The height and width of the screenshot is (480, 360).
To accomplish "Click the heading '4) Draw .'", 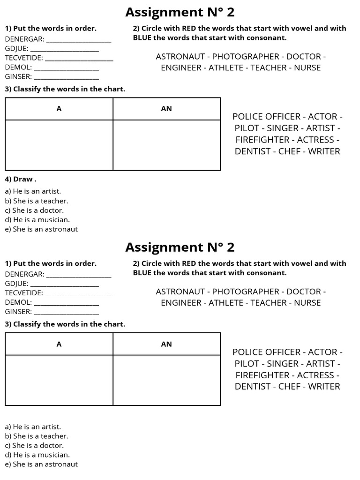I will tap(20, 179).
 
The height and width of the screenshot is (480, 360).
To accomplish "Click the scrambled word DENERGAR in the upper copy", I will tap(24, 39).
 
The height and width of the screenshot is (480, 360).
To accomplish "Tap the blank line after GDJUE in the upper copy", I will tap(64, 49).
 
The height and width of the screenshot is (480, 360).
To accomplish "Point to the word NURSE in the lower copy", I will tap(307, 303).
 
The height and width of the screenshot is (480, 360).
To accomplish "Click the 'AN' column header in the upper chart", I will tap(166, 109).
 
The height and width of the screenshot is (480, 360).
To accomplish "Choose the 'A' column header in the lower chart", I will tap(59, 344).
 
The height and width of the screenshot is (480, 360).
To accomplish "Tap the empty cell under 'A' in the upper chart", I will tap(59, 145).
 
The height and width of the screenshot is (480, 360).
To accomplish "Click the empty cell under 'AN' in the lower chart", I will tap(166, 380).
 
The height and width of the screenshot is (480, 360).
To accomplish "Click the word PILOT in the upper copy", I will tap(247, 128).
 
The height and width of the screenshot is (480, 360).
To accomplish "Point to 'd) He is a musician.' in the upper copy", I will tap(37, 219).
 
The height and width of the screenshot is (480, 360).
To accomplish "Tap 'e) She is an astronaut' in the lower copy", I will tap(41, 464).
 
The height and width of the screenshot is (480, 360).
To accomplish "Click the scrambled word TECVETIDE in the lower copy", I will tap(24, 293).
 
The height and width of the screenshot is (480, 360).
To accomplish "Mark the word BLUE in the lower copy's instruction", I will tap(142, 273).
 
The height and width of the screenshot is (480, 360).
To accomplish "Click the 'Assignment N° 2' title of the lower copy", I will tap(180, 247).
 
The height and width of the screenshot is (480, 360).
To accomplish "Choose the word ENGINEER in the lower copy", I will tap(180, 303).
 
